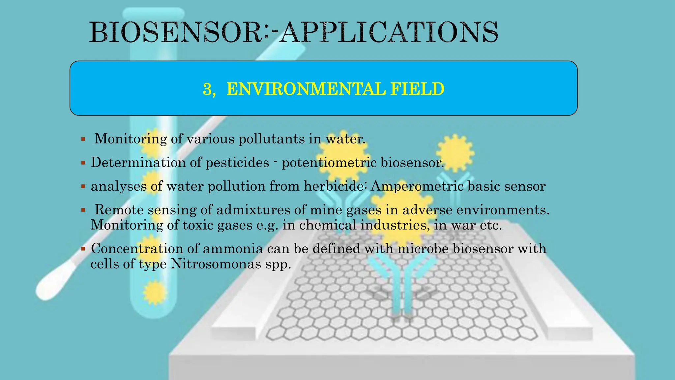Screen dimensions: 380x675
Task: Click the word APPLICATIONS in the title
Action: click(389, 32)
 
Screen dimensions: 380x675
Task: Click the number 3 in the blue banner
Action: click(207, 89)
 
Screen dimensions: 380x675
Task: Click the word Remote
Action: click(119, 210)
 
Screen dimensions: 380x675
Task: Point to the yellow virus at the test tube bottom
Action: click(154, 292)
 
